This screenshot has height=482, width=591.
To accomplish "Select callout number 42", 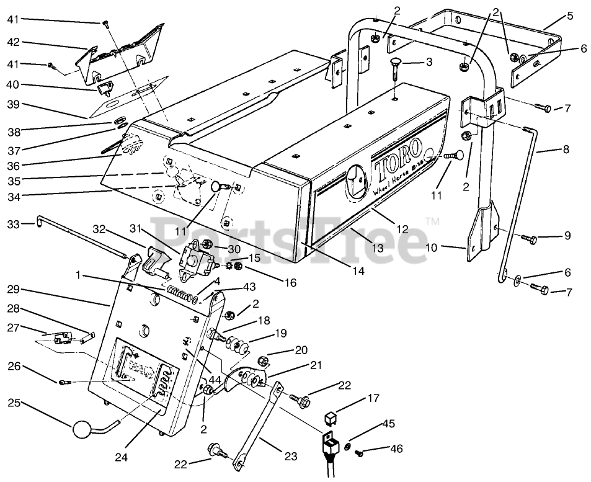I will (14, 42).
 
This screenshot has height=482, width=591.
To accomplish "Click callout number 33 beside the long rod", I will (14, 223).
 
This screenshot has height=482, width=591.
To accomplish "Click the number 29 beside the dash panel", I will (14, 289).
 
